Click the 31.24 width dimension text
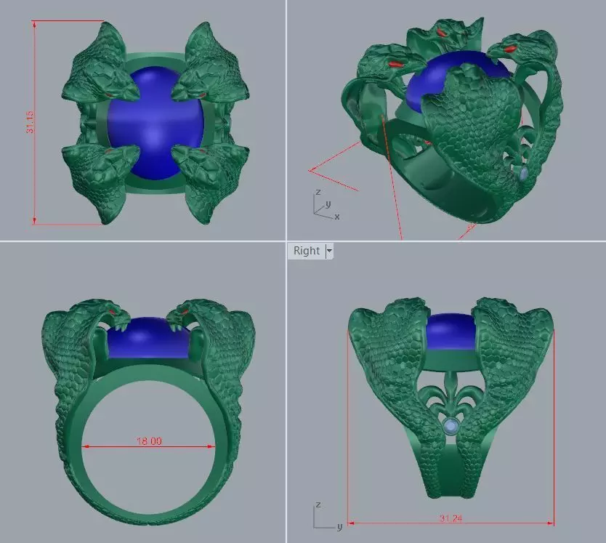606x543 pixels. point(451,518)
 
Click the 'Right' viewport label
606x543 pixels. point(306,251)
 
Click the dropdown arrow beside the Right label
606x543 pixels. point(329,251)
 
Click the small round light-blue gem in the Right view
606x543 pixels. point(452,425)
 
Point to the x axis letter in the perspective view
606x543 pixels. point(337,216)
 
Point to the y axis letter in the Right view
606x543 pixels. point(339,526)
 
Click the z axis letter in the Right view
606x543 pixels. point(318,504)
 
